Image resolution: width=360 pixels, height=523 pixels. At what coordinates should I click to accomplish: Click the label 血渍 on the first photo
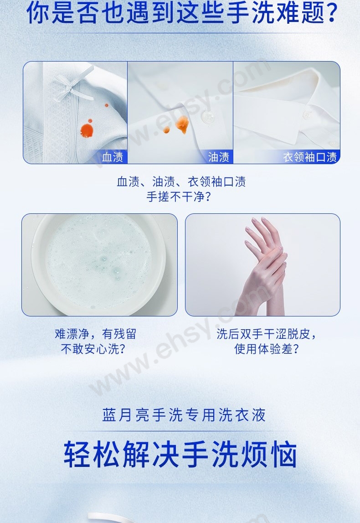tap(113, 157)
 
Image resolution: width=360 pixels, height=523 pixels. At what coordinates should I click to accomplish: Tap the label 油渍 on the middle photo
tap(219, 157)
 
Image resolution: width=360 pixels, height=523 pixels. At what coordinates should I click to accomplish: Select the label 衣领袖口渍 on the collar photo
tap(310, 157)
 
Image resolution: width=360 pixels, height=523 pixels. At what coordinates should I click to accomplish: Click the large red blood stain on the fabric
tap(87, 130)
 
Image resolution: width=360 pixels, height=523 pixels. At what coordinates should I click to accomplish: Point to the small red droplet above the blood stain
tap(107, 105)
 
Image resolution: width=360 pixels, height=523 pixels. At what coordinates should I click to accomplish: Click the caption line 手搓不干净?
tap(179, 197)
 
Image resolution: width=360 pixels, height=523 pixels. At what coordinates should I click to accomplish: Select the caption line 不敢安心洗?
tap(93, 349)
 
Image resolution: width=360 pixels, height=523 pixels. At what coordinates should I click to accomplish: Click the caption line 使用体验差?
tap(267, 349)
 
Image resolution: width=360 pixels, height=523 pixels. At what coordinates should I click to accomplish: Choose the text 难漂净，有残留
tap(96, 334)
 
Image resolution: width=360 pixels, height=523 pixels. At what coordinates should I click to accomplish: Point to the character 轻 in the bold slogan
tap(77, 454)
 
